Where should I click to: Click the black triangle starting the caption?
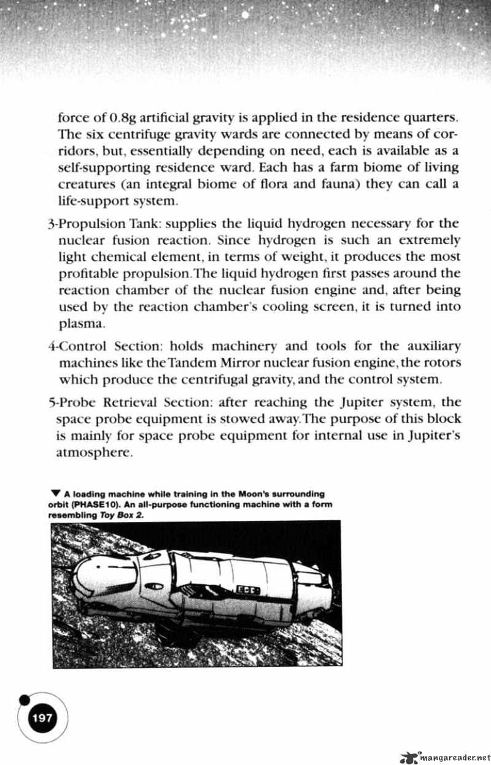point(56,493)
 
